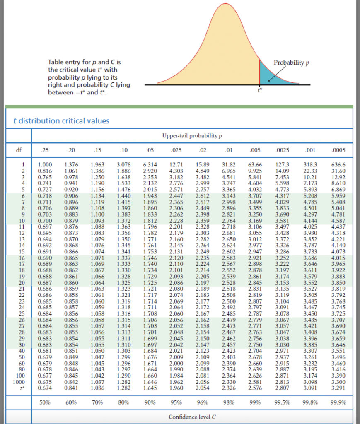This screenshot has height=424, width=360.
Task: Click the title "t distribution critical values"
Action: [x=61, y=121]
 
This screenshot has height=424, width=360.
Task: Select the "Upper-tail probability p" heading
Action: [x=193, y=135]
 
